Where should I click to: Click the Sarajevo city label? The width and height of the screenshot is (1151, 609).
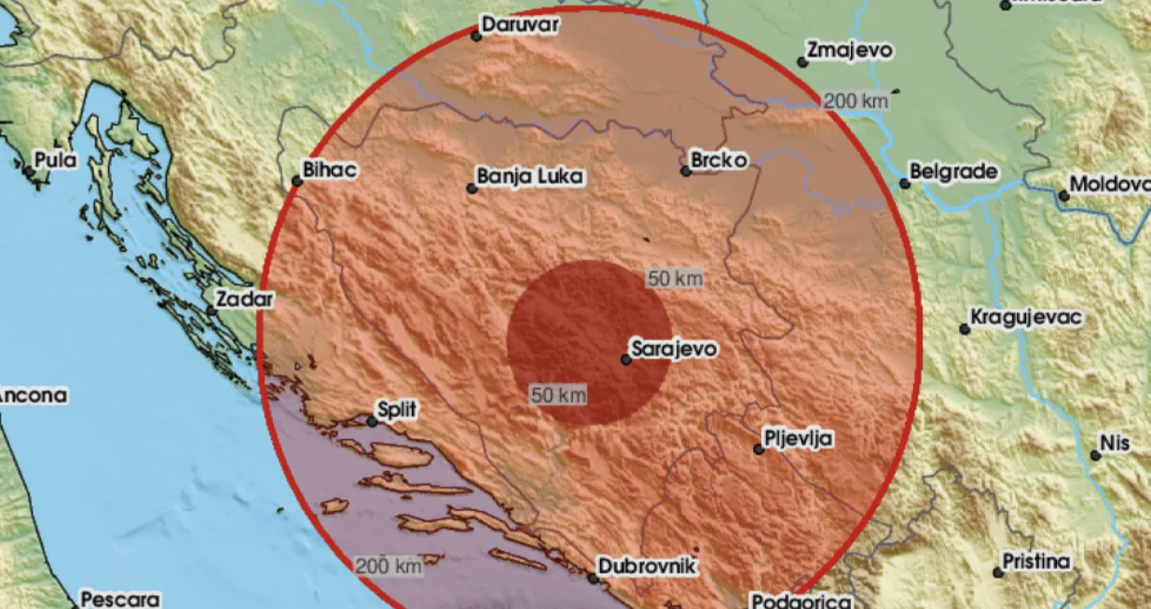point(674,350)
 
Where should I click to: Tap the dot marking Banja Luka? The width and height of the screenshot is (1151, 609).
point(472,188)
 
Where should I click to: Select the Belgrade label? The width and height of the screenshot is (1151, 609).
point(953,172)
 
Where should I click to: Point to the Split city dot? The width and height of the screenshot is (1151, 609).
point(372,422)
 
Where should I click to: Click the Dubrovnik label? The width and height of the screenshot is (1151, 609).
point(646,565)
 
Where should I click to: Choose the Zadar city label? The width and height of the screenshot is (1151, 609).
point(244,299)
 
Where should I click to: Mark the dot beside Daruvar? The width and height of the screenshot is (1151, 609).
point(475,36)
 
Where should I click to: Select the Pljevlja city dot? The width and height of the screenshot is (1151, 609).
point(759,450)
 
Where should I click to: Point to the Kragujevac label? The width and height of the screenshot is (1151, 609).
point(1026,318)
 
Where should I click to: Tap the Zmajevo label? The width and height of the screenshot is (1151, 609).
point(849,51)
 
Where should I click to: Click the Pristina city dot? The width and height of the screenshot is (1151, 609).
point(998,572)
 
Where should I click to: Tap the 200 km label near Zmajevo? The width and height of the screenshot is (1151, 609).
point(855,103)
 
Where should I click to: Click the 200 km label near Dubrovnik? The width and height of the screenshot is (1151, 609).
point(388,565)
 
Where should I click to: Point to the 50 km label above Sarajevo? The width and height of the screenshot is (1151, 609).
point(675,279)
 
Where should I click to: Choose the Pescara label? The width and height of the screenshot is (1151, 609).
point(120,600)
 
